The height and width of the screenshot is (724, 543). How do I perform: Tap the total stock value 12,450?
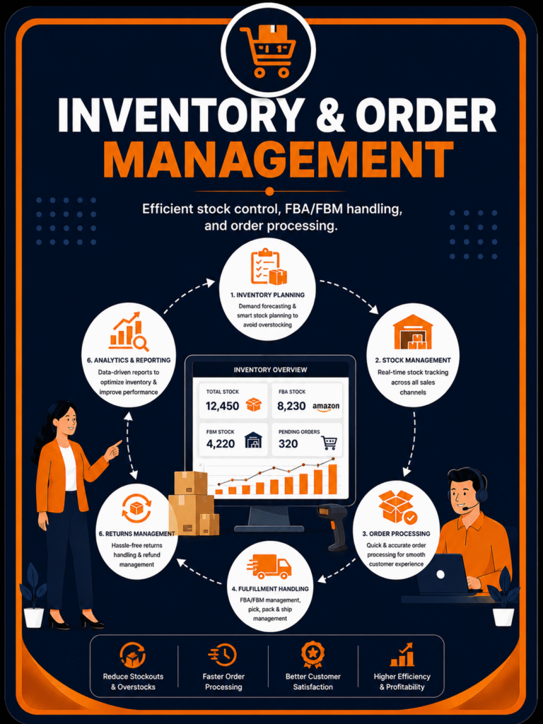point(223,406)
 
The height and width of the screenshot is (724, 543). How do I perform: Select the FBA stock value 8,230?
point(291,406)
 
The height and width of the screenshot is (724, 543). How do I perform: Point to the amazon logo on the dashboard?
point(326,407)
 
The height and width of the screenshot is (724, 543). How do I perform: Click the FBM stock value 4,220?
point(221,444)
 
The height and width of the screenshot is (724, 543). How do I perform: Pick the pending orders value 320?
point(288,444)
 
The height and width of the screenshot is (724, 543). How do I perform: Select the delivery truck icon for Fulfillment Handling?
point(269,566)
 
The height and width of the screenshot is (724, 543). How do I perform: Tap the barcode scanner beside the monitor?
point(332,526)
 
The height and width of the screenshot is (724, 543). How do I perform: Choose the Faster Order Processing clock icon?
point(223,655)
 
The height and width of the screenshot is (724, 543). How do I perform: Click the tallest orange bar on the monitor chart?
point(332,479)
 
